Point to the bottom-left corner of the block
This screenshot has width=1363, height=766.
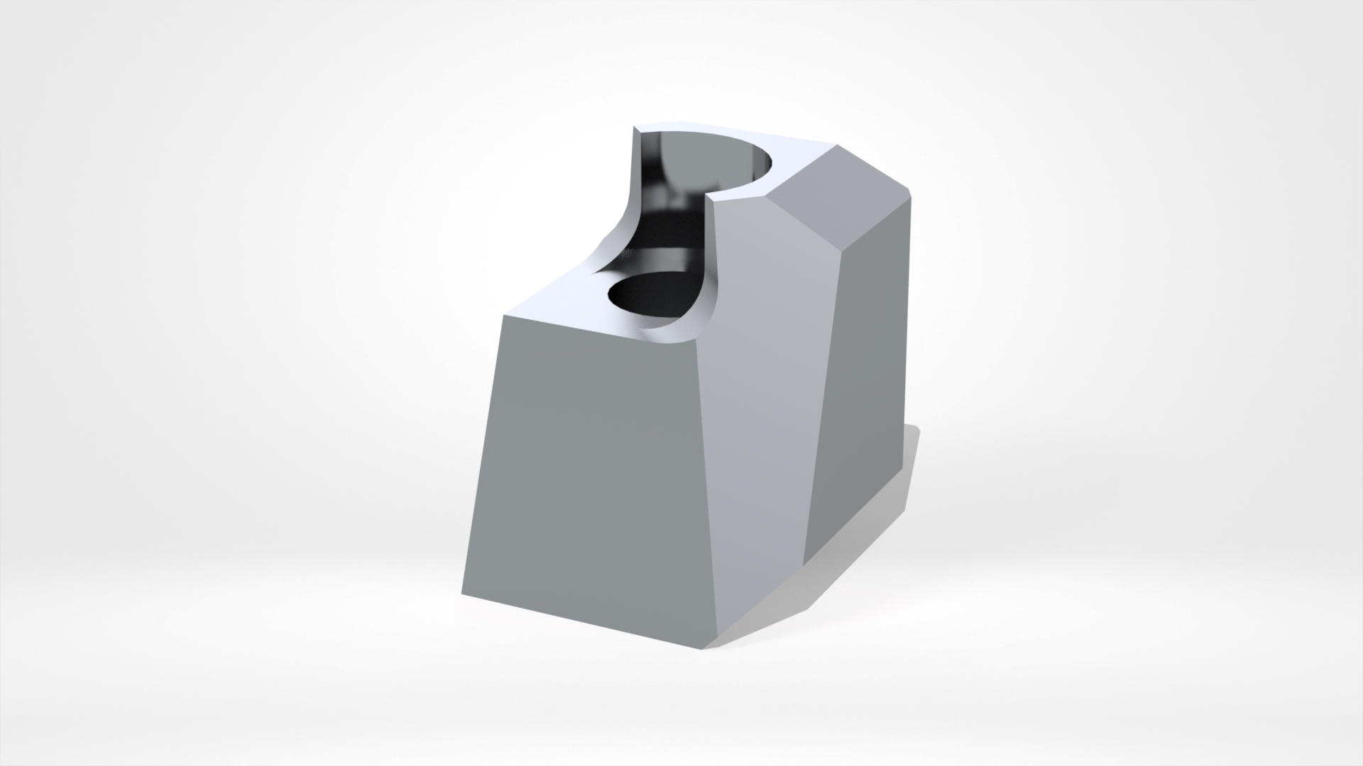pyautogui.click(x=461, y=594)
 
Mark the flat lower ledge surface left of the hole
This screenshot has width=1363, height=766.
pyautogui.click(x=561, y=298)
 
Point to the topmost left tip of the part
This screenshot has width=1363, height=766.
pyautogui.click(x=634, y=128)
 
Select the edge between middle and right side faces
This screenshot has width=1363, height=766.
pyautogui.click(x=823, y=397)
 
